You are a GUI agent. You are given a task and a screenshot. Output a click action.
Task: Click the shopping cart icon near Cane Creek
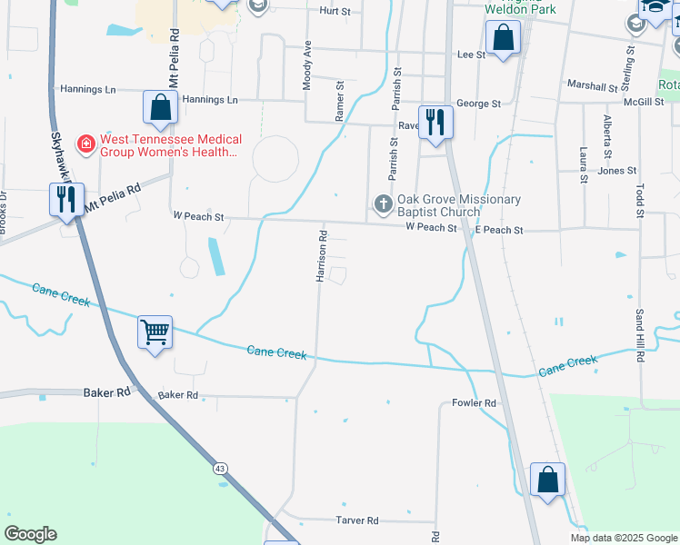155,332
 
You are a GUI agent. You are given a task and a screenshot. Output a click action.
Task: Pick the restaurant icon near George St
436,121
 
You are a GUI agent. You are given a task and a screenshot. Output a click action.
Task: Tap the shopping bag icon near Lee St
502,39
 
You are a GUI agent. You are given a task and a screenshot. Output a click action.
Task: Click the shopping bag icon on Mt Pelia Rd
160,107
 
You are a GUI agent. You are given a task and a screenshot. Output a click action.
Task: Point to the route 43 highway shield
220,468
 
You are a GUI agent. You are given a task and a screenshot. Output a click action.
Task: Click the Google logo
30,534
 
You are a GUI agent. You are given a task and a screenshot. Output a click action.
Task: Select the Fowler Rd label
474,403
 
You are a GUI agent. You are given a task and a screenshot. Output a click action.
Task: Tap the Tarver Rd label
356,520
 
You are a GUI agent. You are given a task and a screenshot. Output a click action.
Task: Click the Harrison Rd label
322,255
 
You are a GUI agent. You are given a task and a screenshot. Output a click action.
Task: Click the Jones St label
617,171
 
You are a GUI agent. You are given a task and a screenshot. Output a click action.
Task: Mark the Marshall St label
592,86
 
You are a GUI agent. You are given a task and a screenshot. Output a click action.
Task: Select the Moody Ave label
307,64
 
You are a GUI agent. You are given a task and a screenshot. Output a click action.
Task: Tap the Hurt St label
335,11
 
